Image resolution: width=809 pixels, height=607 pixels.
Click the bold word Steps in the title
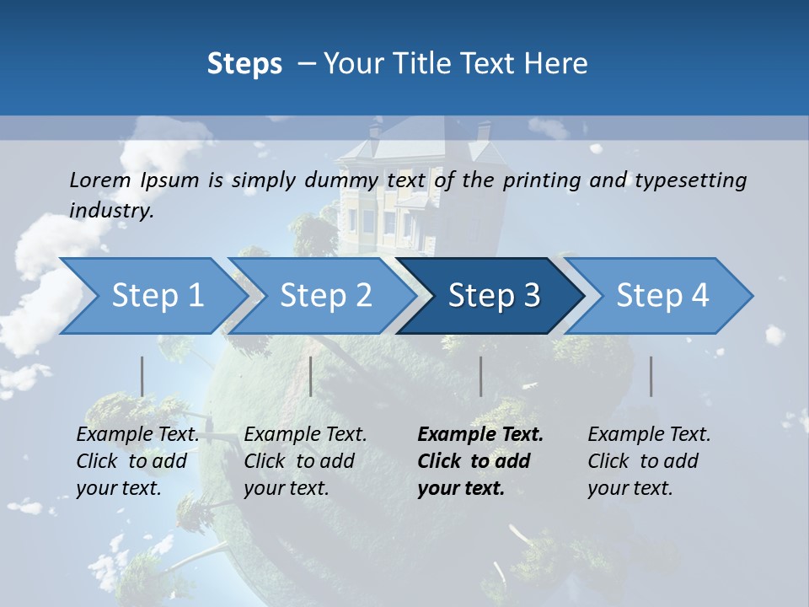(244, 63)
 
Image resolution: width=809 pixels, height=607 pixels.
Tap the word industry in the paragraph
(110, 211)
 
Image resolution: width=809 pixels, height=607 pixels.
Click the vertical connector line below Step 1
(142, 376)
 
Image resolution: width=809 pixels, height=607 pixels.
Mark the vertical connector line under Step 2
(311, 376)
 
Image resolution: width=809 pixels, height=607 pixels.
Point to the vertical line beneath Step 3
(480, 376)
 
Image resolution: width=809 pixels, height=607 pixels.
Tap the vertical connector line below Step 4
(651, 376)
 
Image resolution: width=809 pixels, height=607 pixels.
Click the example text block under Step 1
(137, 461)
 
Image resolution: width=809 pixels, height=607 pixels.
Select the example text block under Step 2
(305, 461)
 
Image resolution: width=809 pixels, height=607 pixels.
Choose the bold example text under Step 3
(480, 461)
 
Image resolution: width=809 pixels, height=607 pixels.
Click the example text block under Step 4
(649, 461)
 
